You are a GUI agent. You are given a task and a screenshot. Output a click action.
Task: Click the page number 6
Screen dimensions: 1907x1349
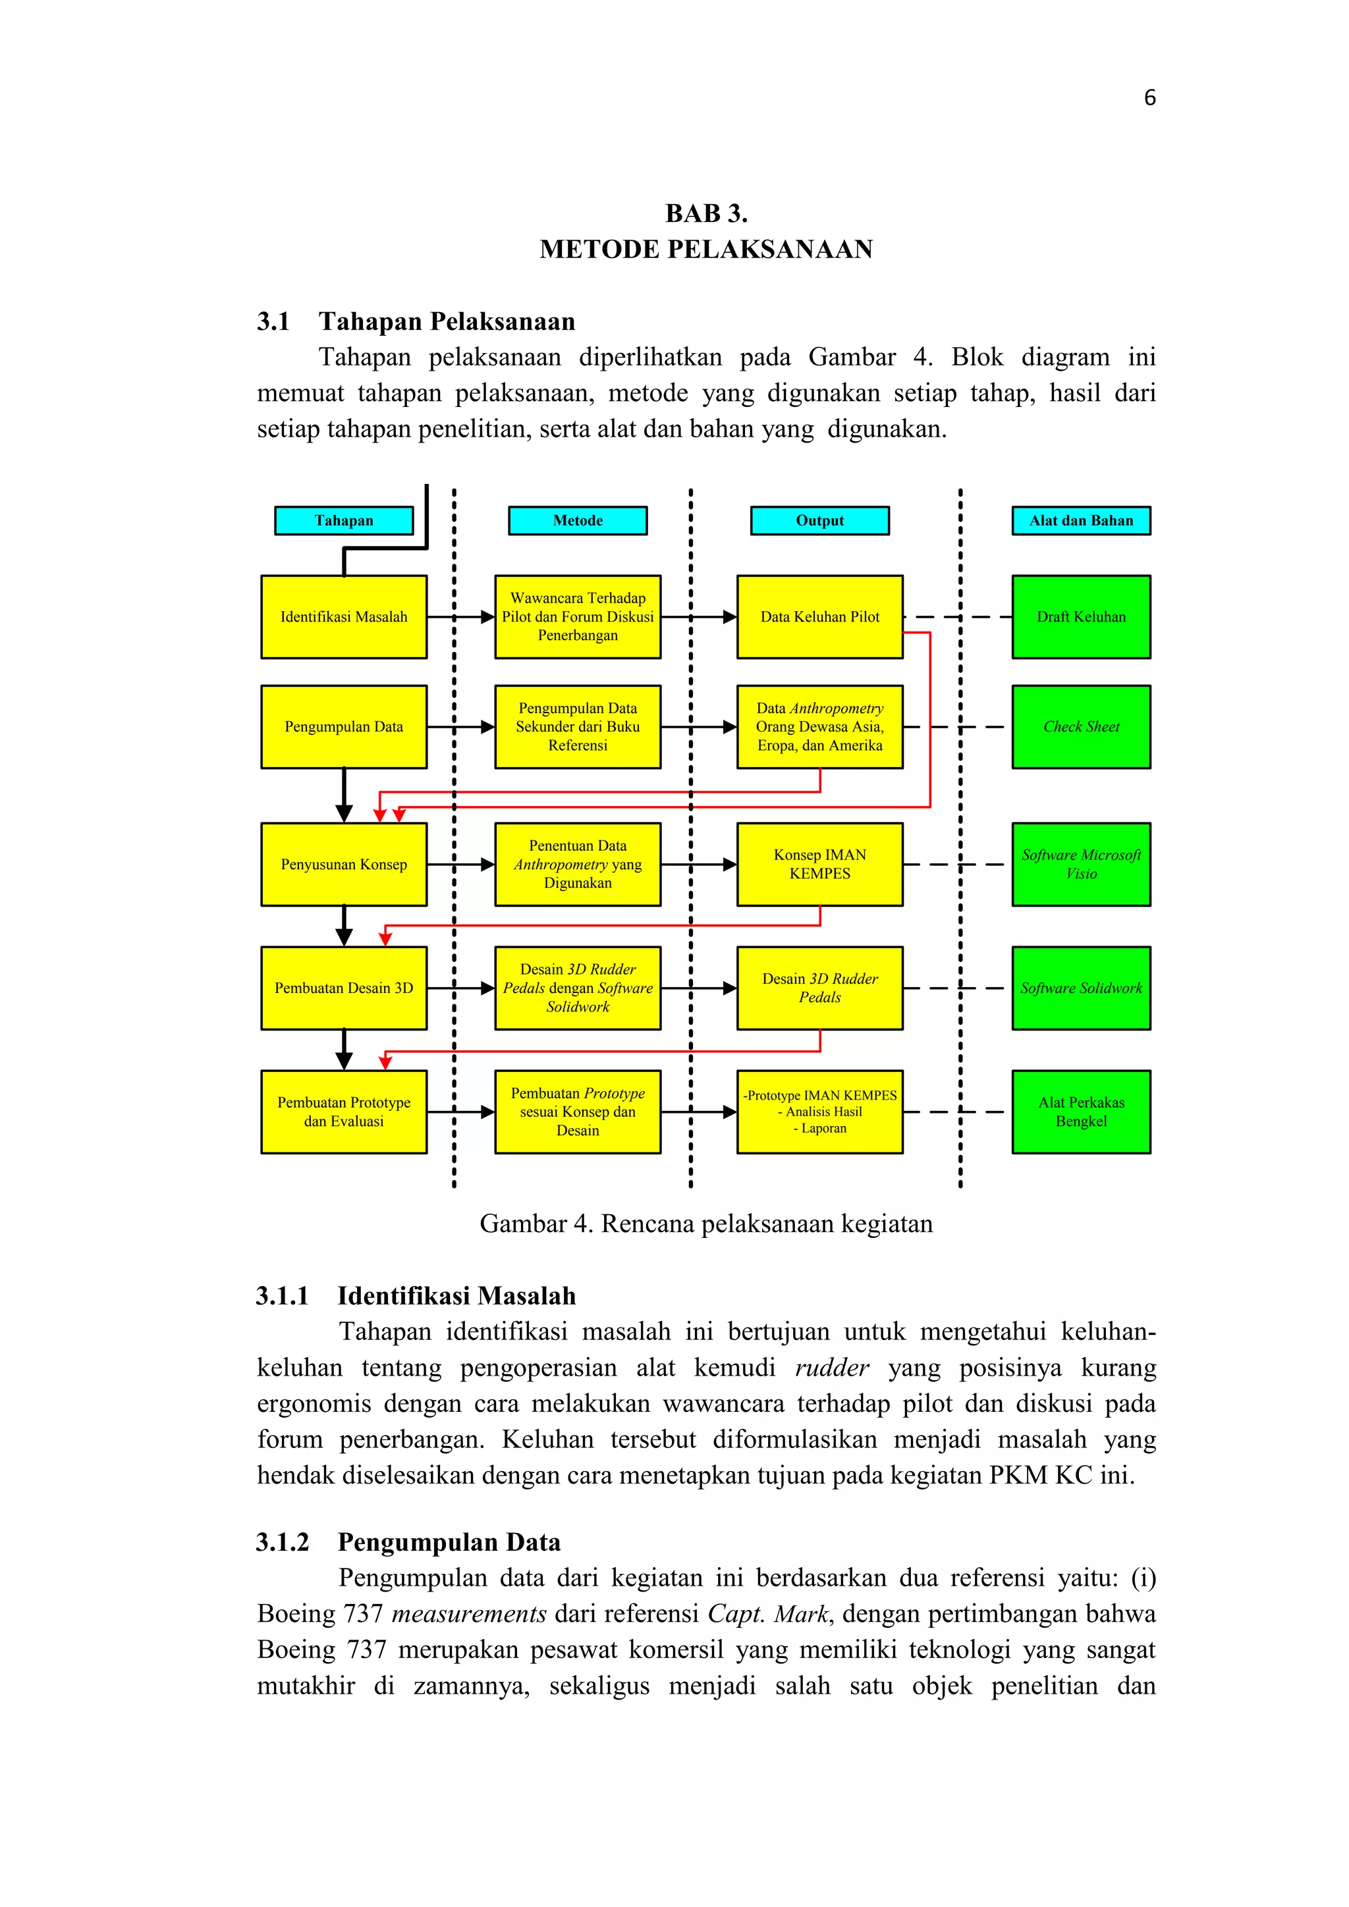coord(1149,98)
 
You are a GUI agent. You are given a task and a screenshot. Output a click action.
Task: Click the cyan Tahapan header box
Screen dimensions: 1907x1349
coord(344,521)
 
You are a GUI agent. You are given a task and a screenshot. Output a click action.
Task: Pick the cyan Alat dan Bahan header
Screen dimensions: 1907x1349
coord(1081,521)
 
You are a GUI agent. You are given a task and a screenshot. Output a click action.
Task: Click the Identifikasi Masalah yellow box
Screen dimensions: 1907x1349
coord(344,617)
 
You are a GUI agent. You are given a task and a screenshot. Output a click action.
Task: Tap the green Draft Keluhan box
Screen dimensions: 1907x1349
coord(1081,617)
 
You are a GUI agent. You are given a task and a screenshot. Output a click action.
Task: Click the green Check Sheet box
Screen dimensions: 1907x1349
coord(1081,727)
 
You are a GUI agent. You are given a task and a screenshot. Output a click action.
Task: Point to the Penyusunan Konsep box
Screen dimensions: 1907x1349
coord(344,865)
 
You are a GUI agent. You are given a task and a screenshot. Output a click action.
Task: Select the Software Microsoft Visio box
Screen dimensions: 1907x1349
coord(1081,865)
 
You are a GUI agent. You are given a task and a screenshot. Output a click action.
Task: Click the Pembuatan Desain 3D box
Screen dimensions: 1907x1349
coord(344,988)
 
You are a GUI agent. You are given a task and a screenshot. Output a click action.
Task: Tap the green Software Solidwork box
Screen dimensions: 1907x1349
coord(1081,988)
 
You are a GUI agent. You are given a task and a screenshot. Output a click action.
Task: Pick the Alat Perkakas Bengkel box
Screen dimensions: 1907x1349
coord(1081,1112)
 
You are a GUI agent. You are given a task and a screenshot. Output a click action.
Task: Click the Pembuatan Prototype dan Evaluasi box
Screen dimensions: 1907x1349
coord(344,1112)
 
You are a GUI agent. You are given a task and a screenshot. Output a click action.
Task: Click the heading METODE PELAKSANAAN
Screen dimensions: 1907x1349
coord(706,249)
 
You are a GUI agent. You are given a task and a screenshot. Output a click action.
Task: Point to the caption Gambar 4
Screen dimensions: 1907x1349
coord(706,1223)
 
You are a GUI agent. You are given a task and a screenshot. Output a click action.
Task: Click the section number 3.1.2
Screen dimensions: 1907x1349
coord(283,1542)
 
